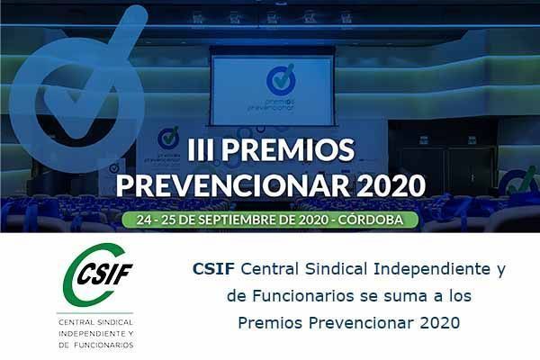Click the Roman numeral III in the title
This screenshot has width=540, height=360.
[x=202, y=150]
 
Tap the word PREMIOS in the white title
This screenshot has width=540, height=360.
[x=291, y=150]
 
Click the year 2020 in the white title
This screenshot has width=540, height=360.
[x=391, y=186]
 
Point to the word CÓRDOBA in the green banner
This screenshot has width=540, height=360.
[x=370, y=220]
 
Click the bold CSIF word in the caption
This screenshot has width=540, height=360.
[x=213, y=269]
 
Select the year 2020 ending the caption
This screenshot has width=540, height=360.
[x=440, y=323]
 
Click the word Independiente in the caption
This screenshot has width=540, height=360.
[x=432, y=269]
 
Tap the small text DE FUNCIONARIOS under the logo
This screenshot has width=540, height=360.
[x=95, y=346]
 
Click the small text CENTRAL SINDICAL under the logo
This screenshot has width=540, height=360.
[x=95, y=323]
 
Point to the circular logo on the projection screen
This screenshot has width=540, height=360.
[x=281, y=80]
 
